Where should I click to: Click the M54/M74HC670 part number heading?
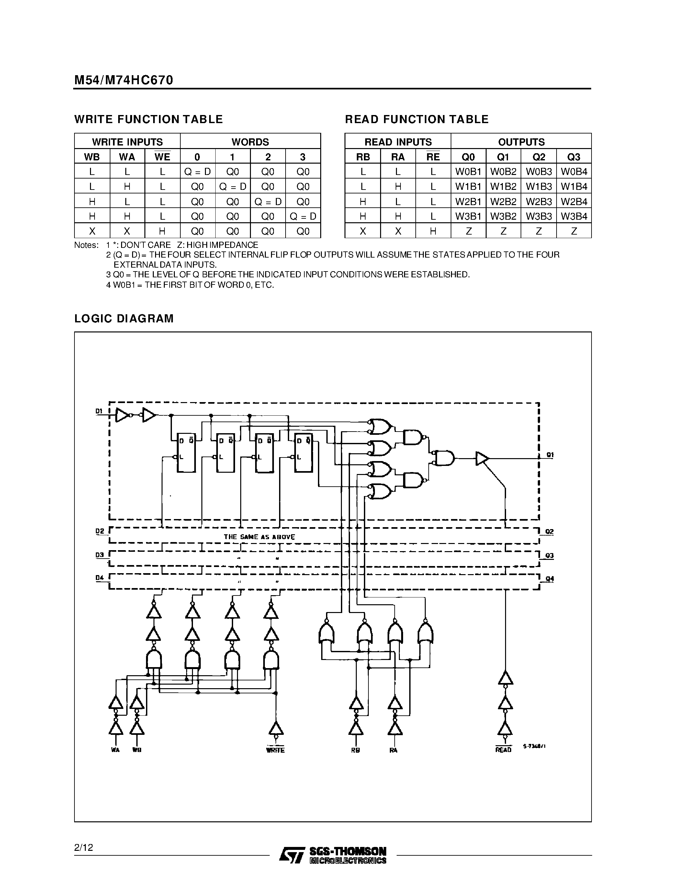tap(123, 80)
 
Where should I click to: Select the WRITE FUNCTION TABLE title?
tap(148, 119)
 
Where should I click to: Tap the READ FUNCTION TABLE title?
tap(417, 119)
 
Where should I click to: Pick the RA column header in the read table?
tap(398, 157)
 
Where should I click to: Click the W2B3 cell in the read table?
tap(538, 202)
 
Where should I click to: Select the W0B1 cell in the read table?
tap(468, 172)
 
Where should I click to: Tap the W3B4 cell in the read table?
tap(574, 216)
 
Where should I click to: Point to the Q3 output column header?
tap(574, 157)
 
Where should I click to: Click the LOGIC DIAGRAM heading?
tap(124, 318)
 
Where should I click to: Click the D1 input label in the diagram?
tap(99, 411)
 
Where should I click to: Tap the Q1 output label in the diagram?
tap(550, 455)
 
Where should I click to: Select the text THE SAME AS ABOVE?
tap(259, 537)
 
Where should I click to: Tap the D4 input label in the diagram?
tap(99, 578)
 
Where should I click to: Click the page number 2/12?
tap(84, 848)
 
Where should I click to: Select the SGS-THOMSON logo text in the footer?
tap(348, 851)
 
